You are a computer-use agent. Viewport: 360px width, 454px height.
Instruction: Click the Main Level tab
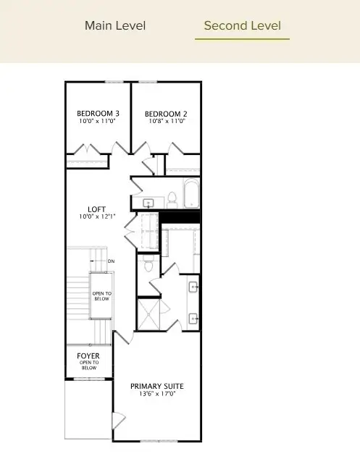115,26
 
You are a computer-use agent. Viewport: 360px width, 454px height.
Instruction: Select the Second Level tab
242,26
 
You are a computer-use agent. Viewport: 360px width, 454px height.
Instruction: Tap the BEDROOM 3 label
98,114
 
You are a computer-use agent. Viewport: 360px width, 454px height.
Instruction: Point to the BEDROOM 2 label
166,114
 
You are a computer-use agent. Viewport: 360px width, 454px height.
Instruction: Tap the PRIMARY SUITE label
156,386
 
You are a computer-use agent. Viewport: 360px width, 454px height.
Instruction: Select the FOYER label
88,356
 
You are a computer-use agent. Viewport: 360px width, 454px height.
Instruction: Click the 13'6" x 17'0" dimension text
156,395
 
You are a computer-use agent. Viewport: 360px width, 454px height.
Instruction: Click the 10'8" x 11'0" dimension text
166,122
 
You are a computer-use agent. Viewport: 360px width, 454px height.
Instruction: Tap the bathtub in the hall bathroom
191,194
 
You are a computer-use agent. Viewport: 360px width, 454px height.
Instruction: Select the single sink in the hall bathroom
149,203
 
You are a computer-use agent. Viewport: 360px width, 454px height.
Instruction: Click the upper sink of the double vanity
193,287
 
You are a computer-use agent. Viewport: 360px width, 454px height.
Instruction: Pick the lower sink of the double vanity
193,318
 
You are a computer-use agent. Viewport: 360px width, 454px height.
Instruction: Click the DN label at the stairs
111,261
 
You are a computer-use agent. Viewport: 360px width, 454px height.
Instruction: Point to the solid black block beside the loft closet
179,217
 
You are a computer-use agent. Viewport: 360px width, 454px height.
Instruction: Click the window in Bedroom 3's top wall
114,82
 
